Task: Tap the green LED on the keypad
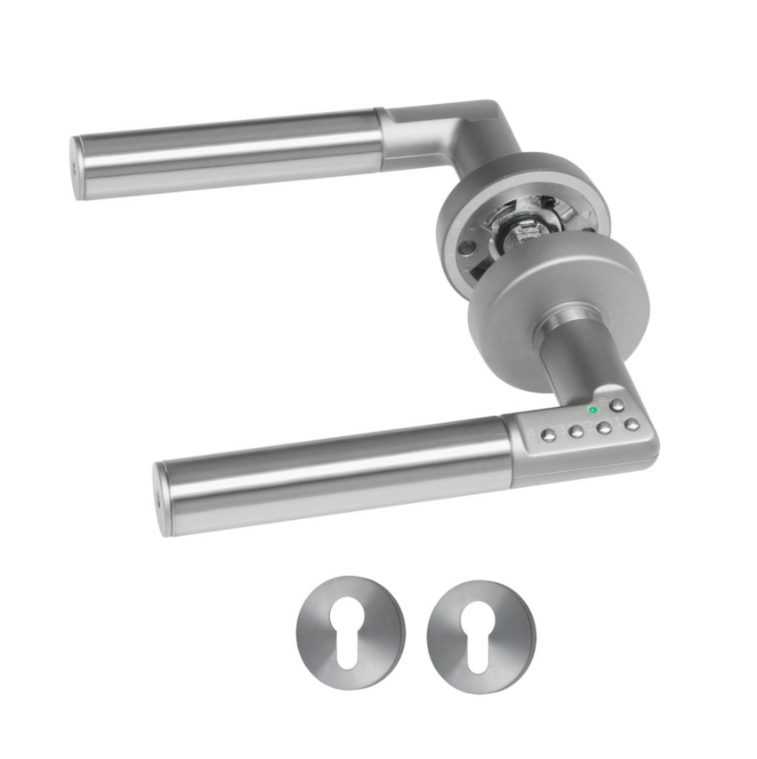click(x=592, y=410)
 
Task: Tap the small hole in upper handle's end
click(x=73, y=167)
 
